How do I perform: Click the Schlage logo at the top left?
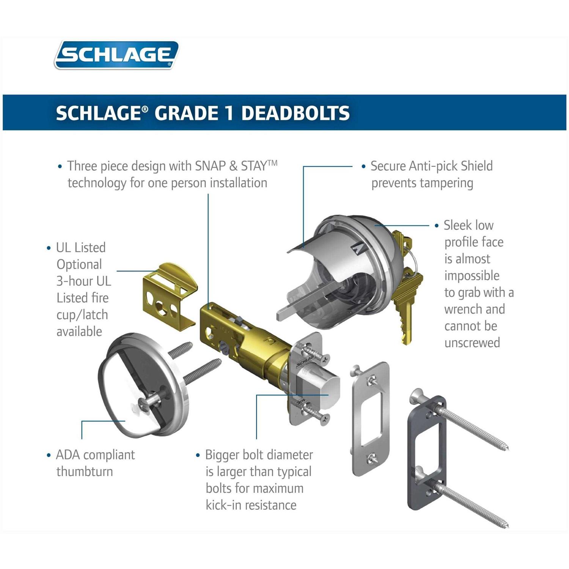pos(116,55)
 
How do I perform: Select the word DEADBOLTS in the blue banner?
pos(296,113)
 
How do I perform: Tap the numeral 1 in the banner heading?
pos(229,113)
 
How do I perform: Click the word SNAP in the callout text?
pos(211,166)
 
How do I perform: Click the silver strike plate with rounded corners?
pos(370,419)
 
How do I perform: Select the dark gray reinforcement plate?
pos(426,453)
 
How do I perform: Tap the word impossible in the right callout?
pos(472,276)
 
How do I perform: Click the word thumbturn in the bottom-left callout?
pos(85,472)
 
